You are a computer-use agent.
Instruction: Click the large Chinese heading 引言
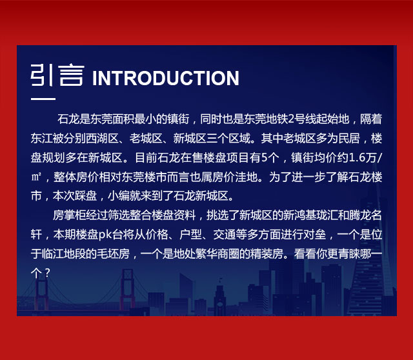tap(57, 75)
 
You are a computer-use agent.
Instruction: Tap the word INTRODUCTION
tap(166, 78)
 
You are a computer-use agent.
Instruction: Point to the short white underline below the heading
tap(43, 99)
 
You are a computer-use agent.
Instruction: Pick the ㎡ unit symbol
tap(36, 177)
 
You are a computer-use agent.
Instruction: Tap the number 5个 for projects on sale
tap(270, 157)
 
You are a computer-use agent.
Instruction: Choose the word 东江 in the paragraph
tap(41, 138)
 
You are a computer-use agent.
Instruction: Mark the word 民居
tap(348, 138)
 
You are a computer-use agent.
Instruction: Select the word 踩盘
tap(85, 196)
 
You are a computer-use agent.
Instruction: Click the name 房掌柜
tap(69, 215)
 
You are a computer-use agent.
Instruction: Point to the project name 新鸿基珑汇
tap(310, 215)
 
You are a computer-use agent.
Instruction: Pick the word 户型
tap(190, 234)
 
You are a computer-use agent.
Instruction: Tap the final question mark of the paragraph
tap(47, 273)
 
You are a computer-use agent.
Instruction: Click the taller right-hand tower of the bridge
tap(128, 289)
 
